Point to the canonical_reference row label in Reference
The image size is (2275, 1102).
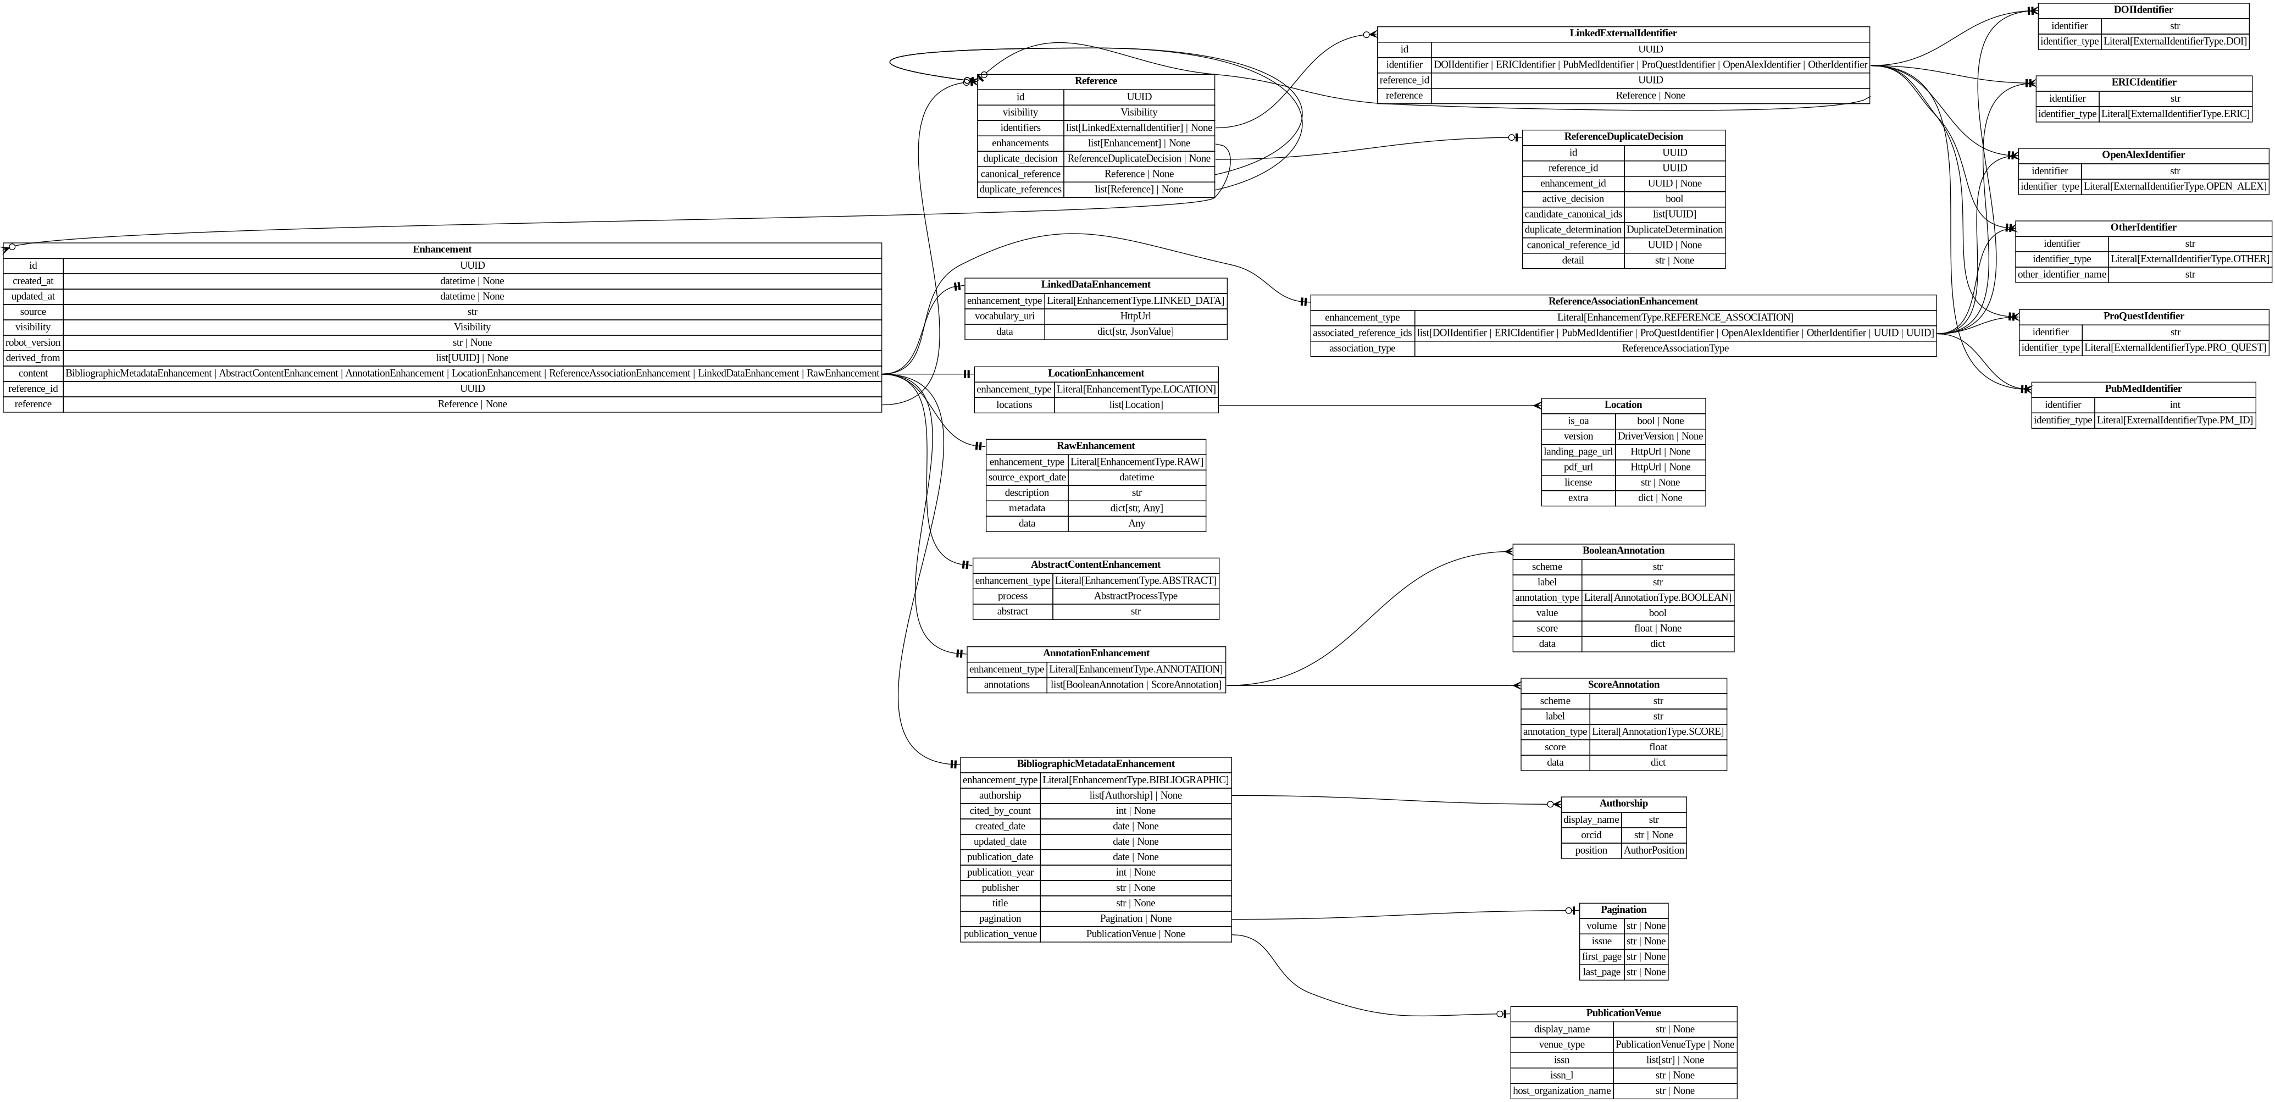click(x=1020, y=174)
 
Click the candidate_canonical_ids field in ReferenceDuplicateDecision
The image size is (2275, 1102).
click(x=1572, y=214)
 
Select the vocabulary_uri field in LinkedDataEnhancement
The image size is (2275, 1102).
click(x=1004, y=316)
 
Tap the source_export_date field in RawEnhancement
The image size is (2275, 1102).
click(x=1026, y=478)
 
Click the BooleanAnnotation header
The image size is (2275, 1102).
click(x=1622, y=551)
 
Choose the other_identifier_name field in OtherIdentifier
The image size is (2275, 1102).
click(x=2060, y=275)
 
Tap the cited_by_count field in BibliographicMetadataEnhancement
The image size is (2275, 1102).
click(x=1000, y=811)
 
